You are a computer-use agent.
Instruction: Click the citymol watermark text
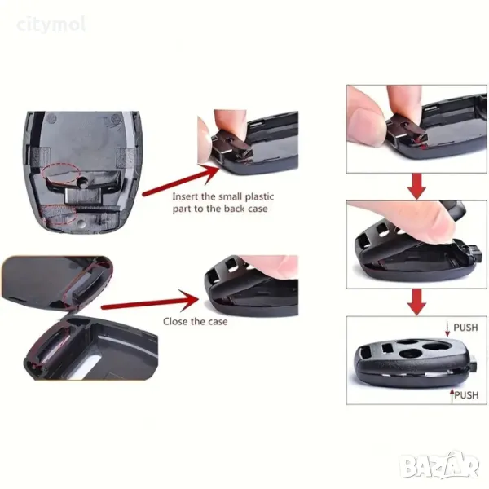tap(51, 25)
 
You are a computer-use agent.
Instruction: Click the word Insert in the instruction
tap(185, 196)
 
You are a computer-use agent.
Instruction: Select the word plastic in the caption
tap(259, 197)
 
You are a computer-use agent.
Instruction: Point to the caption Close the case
tap(196, 322)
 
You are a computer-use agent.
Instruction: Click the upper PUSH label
tap(465, 328)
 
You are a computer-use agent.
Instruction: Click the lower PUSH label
tap(466, 395)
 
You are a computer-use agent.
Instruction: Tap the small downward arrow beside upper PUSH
tap(447, 329)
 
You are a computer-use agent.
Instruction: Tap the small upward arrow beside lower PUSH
tap(452, 396)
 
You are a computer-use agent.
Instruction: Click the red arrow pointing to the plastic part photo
tap(180, 180)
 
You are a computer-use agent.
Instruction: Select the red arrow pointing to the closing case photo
tap(150, 302)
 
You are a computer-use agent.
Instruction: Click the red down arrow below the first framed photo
tap(417, 186)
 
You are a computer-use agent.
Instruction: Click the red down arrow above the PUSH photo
tap(417, 302)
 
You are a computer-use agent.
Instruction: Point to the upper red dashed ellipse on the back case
tap(61, 173)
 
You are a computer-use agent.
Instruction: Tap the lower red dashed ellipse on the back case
tap(60, 214)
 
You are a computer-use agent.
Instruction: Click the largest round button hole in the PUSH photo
tap(436, 346)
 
